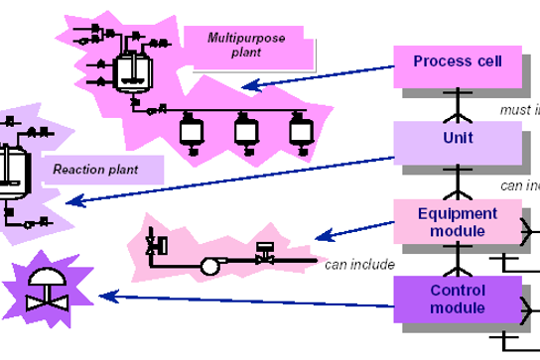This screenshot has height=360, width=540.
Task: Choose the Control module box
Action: click(x=457, y=299)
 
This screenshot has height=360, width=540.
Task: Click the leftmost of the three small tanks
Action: click(x=189, y=128)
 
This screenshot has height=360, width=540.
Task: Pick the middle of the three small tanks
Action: click(x=243, y=128)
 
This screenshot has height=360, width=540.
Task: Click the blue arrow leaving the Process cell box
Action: click(x=318, y=76)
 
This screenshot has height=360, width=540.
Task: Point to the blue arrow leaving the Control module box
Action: click(x=248, y=296)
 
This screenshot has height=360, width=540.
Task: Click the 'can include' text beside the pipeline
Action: click(x=359, y=265)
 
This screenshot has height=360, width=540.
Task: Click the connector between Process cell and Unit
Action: click(x=458, y=104)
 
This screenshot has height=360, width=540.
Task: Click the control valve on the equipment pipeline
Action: click(x=264, y=256)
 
